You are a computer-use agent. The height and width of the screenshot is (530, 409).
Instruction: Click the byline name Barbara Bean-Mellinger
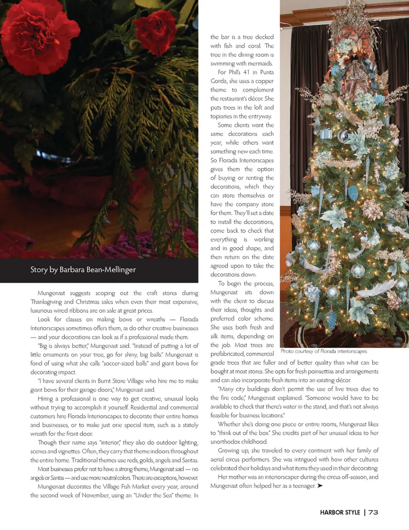point(98,270)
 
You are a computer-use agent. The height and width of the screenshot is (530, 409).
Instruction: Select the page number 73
point(373,513)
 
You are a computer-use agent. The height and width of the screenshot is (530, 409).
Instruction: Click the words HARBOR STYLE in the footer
point(340,513)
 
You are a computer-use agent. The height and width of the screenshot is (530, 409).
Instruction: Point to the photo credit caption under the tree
point(324,351)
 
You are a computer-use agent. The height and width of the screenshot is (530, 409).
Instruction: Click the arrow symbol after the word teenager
point(320,486)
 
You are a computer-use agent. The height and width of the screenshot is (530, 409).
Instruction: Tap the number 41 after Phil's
point(246,72)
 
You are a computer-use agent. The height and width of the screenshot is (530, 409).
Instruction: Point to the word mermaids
point(260,63)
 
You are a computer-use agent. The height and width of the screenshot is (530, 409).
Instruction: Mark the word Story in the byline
point(38,270)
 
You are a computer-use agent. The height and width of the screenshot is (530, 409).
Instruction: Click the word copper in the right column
point(265,81)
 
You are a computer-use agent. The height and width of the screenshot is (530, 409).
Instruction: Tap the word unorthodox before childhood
point(227,442)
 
